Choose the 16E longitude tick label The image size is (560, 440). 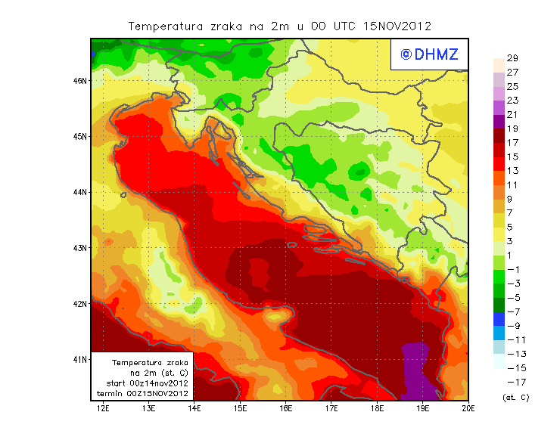coord(285,408)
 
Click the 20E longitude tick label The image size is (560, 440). coord(468,408)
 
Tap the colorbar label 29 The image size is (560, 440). coord(512,58)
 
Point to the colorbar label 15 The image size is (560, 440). coord(512,156)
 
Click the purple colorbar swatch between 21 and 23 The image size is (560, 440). coord(498,107)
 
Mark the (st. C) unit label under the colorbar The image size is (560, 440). coord(515,398)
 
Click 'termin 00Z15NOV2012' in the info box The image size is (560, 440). coord(142,393)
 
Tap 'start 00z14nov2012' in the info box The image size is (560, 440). coord(142,383)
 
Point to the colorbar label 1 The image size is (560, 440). coord(512,256)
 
